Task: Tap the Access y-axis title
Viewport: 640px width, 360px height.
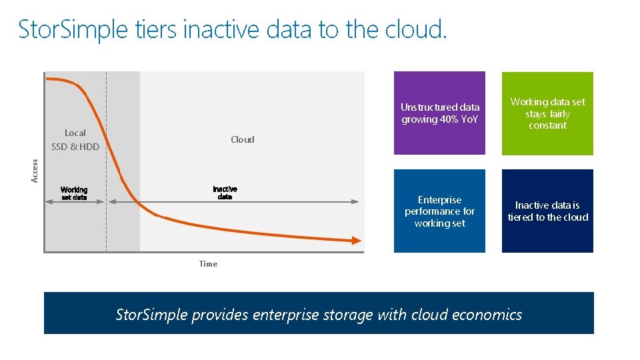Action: tap(35, 170)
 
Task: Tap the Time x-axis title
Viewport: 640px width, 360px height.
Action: tap(208, 264)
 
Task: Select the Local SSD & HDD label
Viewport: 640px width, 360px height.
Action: tap(75, 140)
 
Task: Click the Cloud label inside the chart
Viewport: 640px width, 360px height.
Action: tap(243, 139)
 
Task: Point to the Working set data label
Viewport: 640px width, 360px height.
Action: tap(74, 193)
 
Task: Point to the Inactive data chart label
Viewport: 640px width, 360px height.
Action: tap(225, 193)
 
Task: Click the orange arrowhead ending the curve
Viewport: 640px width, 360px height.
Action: tap(357, 241)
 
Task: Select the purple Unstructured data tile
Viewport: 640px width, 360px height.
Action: tap(439, 113)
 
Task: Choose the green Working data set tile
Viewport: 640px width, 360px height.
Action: tap(547, 113)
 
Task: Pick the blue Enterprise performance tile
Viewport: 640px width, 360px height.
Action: tap(439, 211)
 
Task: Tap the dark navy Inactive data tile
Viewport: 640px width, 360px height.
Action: tap(547, 211)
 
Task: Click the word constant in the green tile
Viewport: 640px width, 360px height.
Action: tap(547, 125)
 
